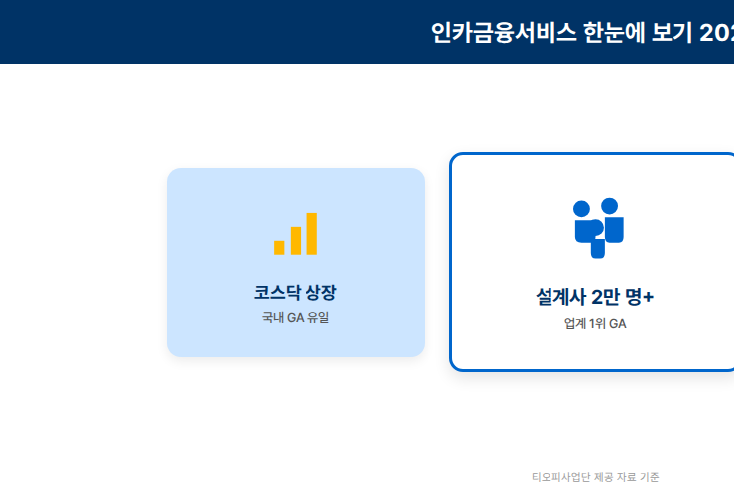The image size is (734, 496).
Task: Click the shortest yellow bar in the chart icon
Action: click(279, 246)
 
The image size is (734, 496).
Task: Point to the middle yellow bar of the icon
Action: click(295, 240)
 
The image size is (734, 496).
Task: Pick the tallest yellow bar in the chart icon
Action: click(311, 233)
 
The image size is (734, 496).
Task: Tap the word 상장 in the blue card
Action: click(321, 292)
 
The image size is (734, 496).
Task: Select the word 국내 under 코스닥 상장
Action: click(273, 318)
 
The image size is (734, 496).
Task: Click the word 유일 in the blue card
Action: click(318, 318)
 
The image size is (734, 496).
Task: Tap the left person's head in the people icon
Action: click(582, 208)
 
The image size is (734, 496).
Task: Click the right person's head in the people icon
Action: click(610, 205)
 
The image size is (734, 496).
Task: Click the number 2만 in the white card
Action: click(606, 297)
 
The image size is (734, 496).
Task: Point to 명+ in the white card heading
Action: click(642, 297)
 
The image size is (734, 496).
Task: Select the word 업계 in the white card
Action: click(575, 324)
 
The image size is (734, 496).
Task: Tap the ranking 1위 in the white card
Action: click(598, 324)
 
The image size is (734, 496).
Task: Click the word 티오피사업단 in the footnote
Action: click(560, 477)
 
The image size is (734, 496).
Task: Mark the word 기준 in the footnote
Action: click(650, 477)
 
